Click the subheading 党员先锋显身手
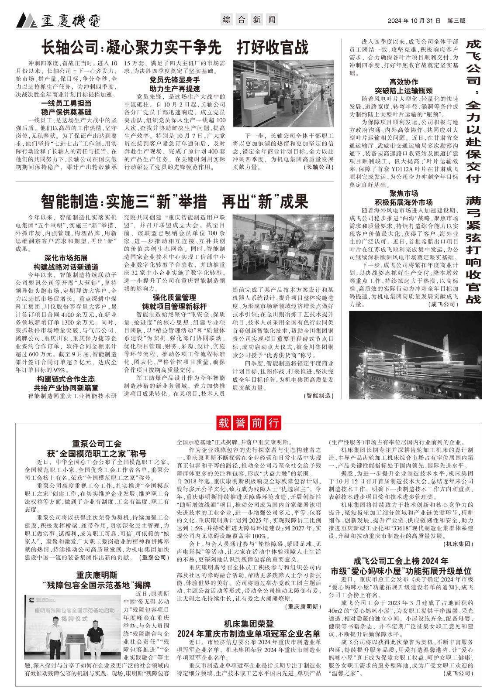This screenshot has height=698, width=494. (175, 80)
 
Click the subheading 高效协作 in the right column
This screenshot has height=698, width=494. (404, 82)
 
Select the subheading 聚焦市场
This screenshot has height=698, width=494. (404, 193)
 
